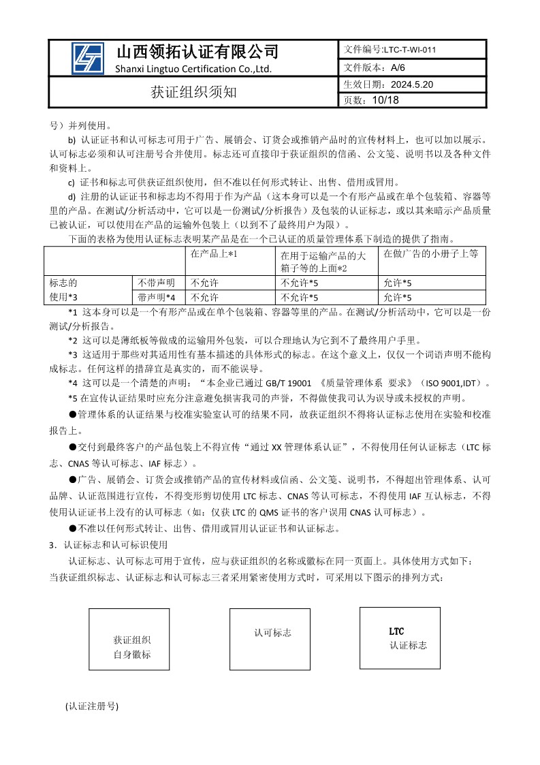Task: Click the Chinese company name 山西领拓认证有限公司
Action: (x=197, y=52)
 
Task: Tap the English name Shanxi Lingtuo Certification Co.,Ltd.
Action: (x=193, y=69)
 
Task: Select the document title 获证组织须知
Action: (x=193, y=93)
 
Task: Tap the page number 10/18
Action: (x=385, y=100)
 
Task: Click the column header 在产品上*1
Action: (x=213, y=253)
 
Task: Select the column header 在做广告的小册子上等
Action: (x=430, y=253)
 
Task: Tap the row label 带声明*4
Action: (x=157, y=297)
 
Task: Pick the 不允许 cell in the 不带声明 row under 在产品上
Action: (x=204, y=283)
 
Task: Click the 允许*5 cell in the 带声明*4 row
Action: (x=398, y=297)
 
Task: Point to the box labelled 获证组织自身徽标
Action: (x=131, y=647)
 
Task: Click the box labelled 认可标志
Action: (x=272, y=633)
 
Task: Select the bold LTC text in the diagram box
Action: (x=396, y=632)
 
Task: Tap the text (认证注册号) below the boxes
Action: (x=92, y=706)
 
